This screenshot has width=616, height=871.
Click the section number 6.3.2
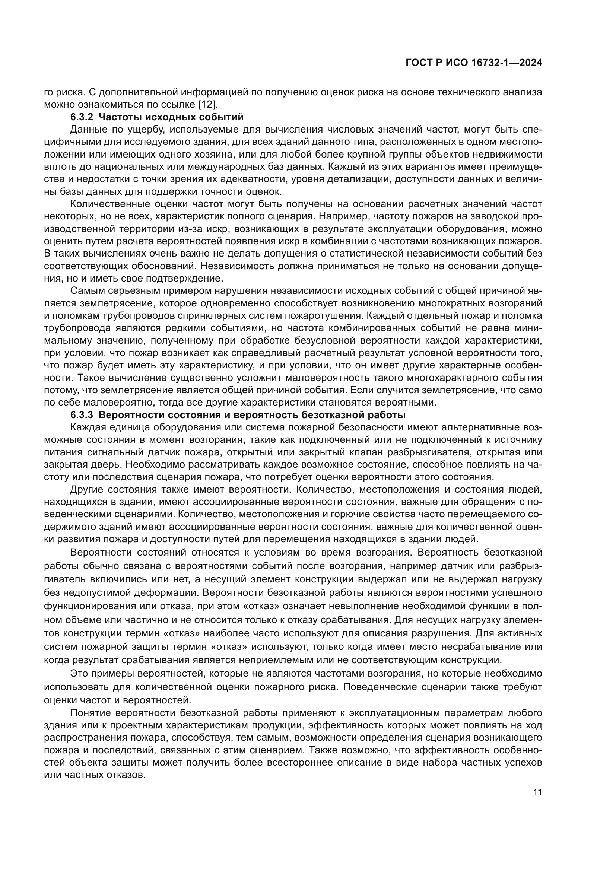[82, 117]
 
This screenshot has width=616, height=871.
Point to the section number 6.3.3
[82, 415]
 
